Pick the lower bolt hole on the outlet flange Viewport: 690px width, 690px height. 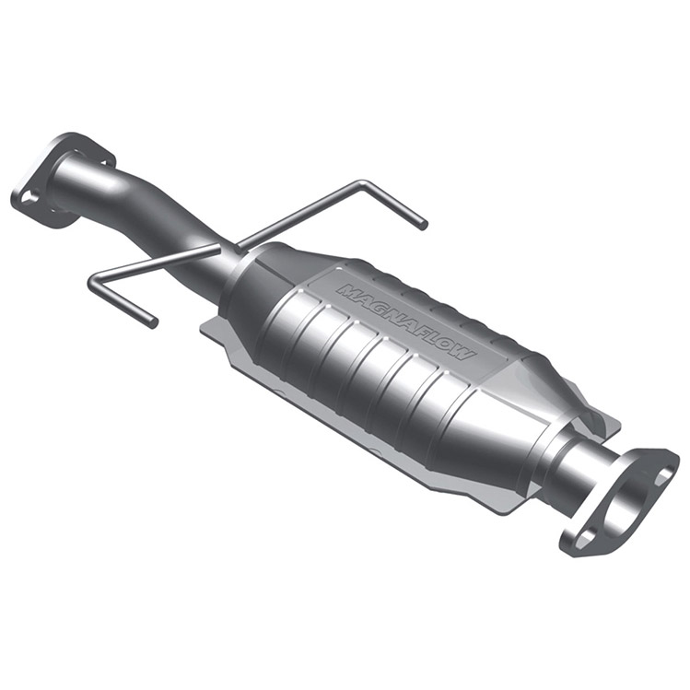581,537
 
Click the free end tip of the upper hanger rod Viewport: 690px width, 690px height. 423,225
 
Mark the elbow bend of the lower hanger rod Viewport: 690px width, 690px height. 95,284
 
